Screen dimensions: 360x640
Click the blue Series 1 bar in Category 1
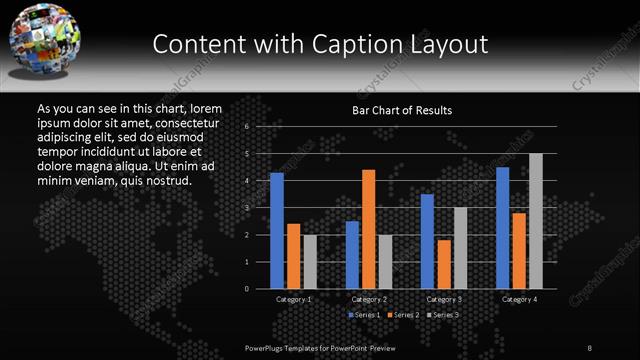tap(277, 231)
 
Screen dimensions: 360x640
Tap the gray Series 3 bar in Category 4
tap(536, 221)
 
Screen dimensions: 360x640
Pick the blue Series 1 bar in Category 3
tap(427, 241)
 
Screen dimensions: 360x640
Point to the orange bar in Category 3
tap(444, 264)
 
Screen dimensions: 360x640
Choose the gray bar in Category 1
tap(309, 262)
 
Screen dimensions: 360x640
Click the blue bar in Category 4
tap(503, 228)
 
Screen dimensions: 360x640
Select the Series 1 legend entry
tap(364, 316)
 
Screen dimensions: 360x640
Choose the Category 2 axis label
tap(369, 299)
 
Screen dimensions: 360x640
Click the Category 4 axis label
tap(519, 299)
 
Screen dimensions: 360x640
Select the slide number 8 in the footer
tap(590, 347)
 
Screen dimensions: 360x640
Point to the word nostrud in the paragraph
tap(167, 181)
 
